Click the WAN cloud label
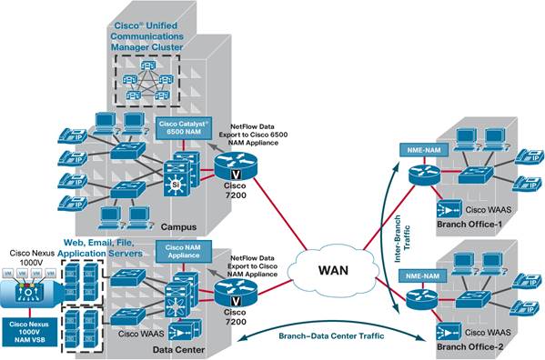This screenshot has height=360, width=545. pyautogui.click(x=334, y=271)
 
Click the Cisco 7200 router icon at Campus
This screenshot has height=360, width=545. pyautogui.click(x=230, y=165)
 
